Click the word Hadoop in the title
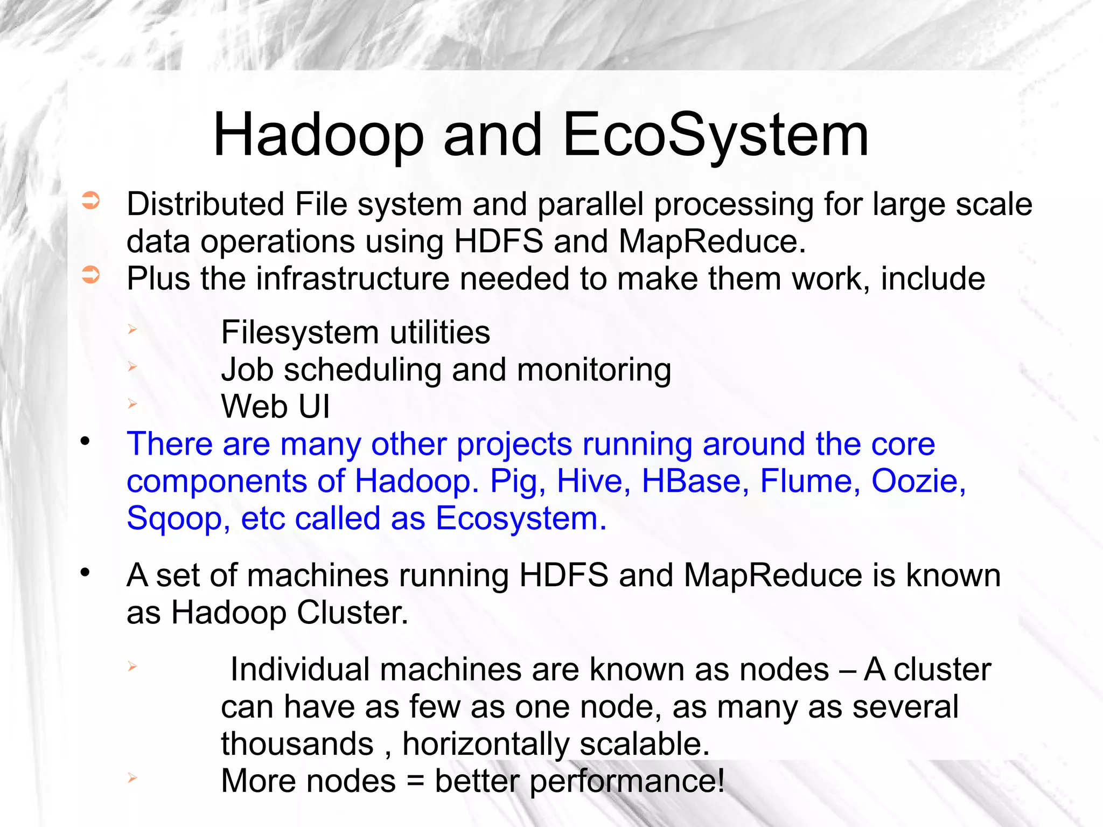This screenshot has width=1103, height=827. (x=318, y=136)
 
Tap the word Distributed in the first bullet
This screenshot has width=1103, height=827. (x=205, y=205)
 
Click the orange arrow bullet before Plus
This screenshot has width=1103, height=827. (x=90, y=275)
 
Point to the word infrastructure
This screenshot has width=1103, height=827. (x=352, y=279)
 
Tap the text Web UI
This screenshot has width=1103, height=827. (x=275, y=407)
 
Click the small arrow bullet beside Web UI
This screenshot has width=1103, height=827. (x=132, y=404)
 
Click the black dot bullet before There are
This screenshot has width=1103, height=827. (x=85, y=442)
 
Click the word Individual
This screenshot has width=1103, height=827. (x=299, y=670)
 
